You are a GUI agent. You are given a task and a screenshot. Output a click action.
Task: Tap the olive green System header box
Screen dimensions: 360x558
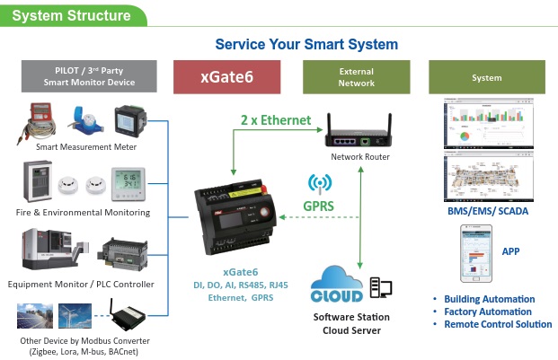tap(486, 77)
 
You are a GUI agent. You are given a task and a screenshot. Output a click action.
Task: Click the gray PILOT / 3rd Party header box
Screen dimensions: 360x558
tap(89, 77)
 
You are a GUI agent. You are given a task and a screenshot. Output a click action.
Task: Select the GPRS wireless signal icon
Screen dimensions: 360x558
tap(319, 184)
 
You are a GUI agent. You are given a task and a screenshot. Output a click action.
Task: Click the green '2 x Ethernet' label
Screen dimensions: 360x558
tap(275, 119)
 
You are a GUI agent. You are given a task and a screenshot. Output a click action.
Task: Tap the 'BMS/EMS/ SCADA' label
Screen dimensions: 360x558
tap(487, 211)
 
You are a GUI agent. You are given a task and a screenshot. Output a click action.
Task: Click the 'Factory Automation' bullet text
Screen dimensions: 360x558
tap(490, 312)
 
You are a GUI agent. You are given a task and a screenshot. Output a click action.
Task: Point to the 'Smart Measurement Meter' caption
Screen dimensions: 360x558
tap(85, 146)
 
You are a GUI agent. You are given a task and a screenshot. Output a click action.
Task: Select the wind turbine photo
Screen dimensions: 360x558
tap(77, 316)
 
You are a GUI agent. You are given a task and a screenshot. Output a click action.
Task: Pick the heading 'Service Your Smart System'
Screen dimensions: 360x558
tap(306, 44)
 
